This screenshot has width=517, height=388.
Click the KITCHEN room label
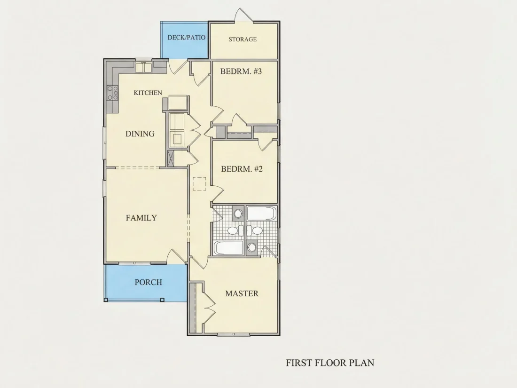(x=148, y=93)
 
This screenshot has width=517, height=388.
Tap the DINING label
(x=140, y=134)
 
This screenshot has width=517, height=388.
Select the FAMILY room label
(x=141, y=218)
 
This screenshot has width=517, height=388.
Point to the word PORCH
(x=149, y=282)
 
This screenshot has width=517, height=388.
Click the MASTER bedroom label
(x=242, y=293)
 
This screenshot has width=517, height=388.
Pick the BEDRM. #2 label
(x=242, y=169)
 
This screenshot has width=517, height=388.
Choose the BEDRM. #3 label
(x=241, y=71)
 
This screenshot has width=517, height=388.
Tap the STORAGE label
(x=243, y=39)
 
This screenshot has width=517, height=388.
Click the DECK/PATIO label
(x=186, y=37)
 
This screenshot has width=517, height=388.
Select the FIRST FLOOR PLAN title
(x=330, y=363)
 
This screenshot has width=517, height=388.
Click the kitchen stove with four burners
(x=112, y=93)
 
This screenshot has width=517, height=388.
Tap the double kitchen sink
(x=143, y=67)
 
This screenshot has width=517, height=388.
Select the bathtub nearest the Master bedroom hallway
(x=228, y=248)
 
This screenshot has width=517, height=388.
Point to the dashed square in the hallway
(x=199, y=184)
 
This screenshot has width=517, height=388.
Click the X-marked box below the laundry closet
(x=171, y=158)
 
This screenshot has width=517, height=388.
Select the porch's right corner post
(x=162, y=300)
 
